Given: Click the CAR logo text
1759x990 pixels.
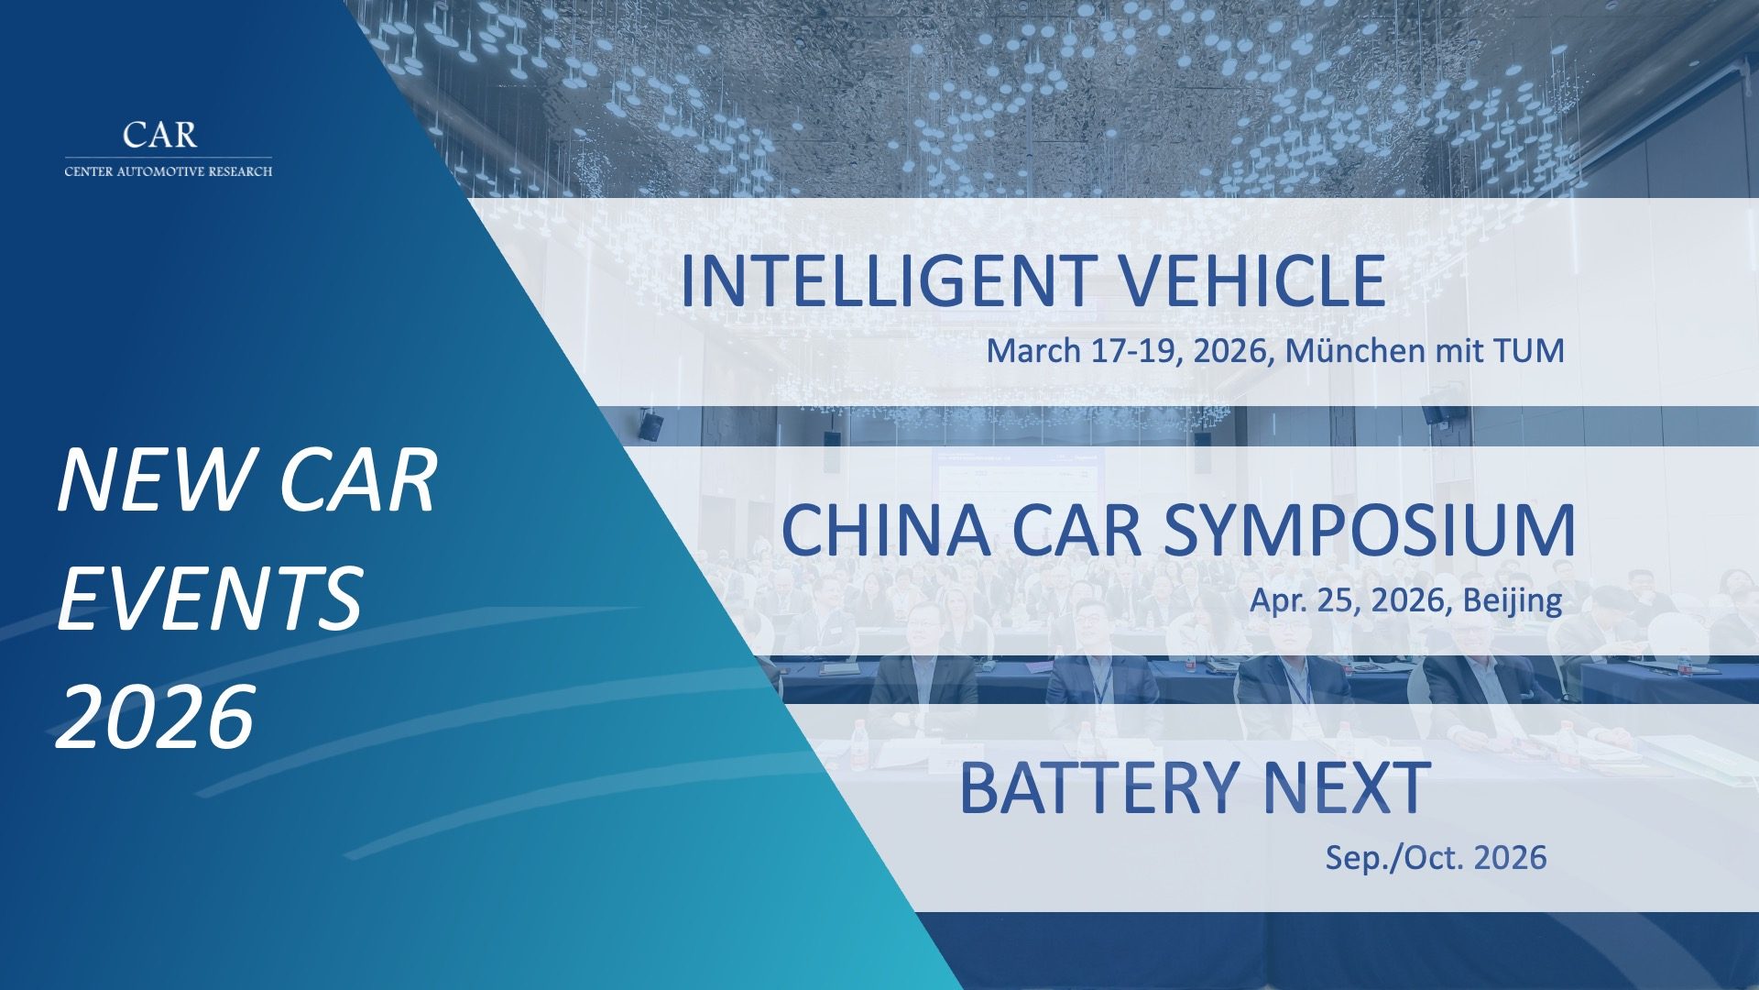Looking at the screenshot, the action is tap(160, 135).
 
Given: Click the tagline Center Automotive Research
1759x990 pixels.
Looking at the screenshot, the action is tap(169, 171).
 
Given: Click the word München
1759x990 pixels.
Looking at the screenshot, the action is tap(1349, 350).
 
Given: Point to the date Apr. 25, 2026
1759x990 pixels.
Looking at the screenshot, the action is tap(1350, 600).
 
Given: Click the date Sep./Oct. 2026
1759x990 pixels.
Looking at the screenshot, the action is tap(1436, 858).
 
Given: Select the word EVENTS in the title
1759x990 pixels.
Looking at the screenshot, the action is tap(210, 599).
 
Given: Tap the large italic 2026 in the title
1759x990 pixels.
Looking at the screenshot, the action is tap(155, 716).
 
